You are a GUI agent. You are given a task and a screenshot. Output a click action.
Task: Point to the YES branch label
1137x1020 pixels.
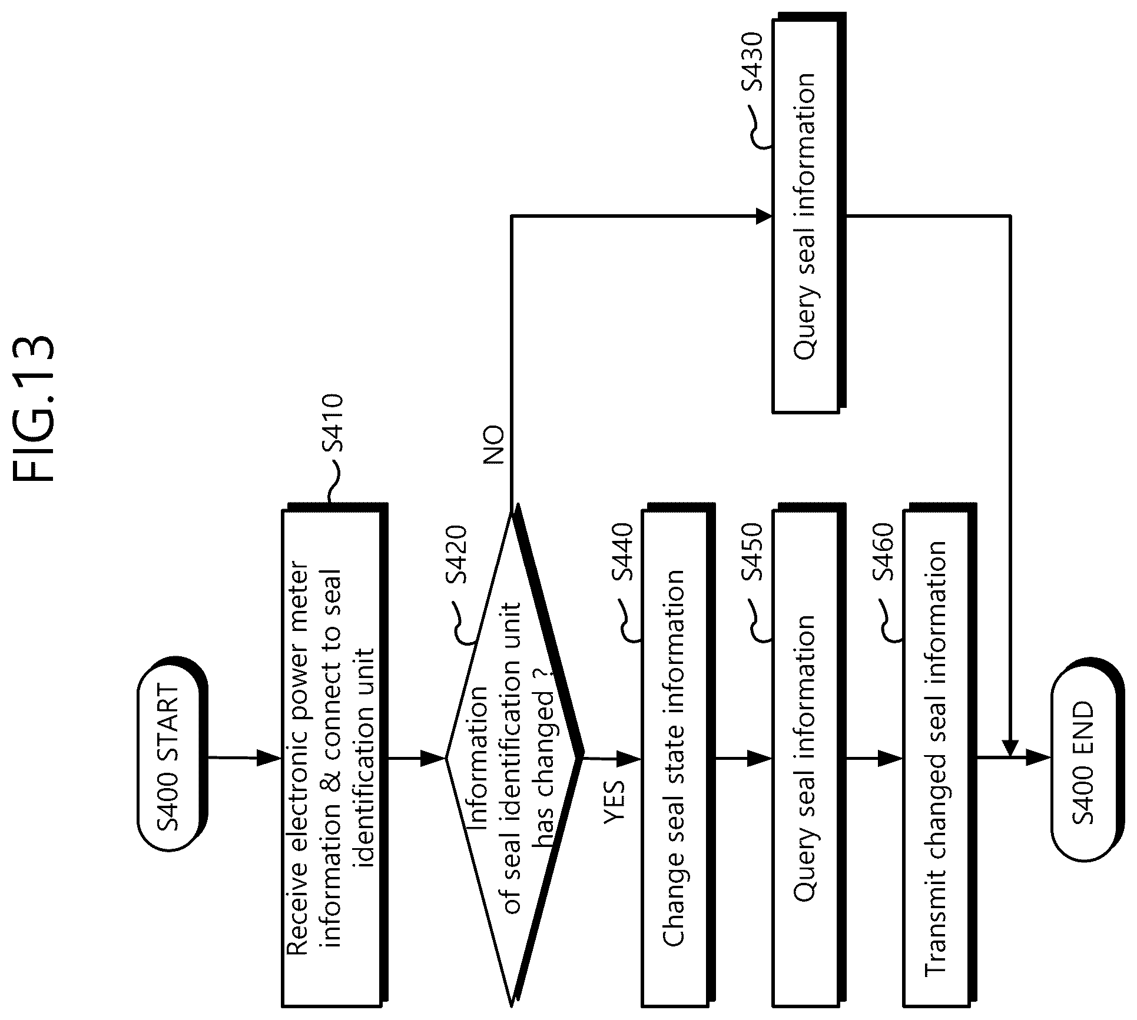point(616,800)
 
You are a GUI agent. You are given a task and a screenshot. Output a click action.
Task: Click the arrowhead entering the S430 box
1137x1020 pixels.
point(764,217)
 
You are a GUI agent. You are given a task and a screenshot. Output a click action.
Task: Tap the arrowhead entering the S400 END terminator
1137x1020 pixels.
point(1039,758)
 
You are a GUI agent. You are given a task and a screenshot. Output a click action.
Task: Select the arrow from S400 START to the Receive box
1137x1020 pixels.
point(244,757)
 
